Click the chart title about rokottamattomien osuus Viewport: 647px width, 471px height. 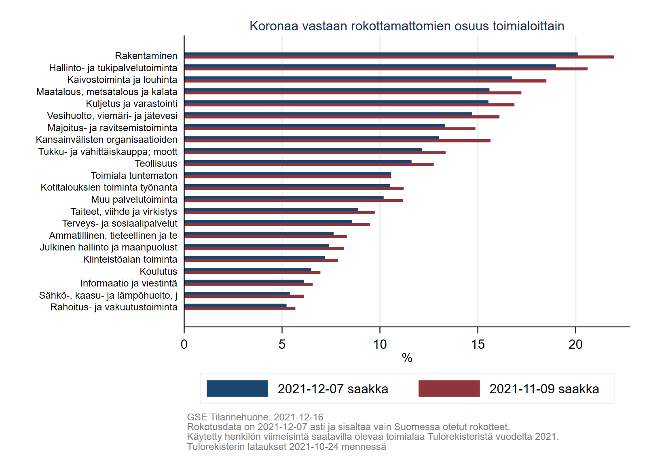click(407, 26)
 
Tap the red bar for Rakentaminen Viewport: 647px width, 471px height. click(399, 57)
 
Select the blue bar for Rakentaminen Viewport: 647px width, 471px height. click(381, 54)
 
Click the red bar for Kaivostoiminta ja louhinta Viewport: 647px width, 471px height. click(365, 81)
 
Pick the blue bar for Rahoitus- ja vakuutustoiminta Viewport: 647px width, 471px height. click(235, 305)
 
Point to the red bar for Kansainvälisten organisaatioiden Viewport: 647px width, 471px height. click(337, 141)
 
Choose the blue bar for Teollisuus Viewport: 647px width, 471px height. click(298, 162)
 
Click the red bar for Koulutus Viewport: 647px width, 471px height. click(252, 272)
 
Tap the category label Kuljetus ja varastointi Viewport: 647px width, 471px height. click(131, 104)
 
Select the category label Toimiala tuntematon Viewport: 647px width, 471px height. click(134, 176)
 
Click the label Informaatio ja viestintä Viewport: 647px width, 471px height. click(129, 283)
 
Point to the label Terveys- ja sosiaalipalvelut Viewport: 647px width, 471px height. click(120, 223)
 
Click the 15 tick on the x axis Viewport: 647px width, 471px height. click(478, 344)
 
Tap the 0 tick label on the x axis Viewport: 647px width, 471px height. click(184, 344)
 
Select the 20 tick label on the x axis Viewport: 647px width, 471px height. click(575, 344)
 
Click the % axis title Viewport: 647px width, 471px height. click(407, 358)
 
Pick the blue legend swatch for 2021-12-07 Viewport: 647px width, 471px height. click(237, 388)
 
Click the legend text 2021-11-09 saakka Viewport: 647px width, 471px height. click(544, 389)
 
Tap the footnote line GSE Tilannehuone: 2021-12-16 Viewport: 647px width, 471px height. click(255, 417)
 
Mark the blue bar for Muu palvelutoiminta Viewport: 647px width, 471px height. click(283, 198)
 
